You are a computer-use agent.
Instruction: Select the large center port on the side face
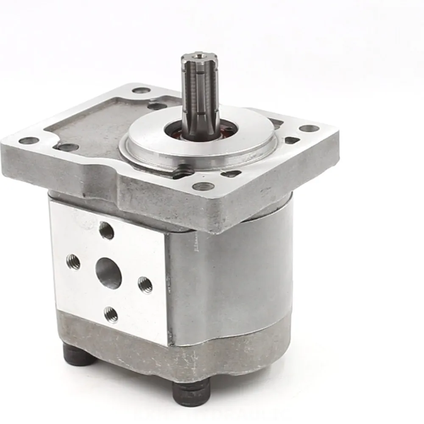tap(109, 274)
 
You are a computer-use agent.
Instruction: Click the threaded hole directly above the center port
tap(106, 231)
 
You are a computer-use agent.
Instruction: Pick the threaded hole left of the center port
tap(73, 262)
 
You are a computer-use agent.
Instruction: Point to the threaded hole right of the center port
tap(145, 284)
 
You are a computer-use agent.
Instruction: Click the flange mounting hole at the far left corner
tap(28, 140)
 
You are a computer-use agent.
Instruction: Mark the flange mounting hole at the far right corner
tap(309, 128)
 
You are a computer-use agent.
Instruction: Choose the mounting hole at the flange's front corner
tap(203, 186)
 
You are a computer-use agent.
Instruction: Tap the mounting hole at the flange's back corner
tap(141, 90)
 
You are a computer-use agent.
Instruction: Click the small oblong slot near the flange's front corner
tap(231, 173)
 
